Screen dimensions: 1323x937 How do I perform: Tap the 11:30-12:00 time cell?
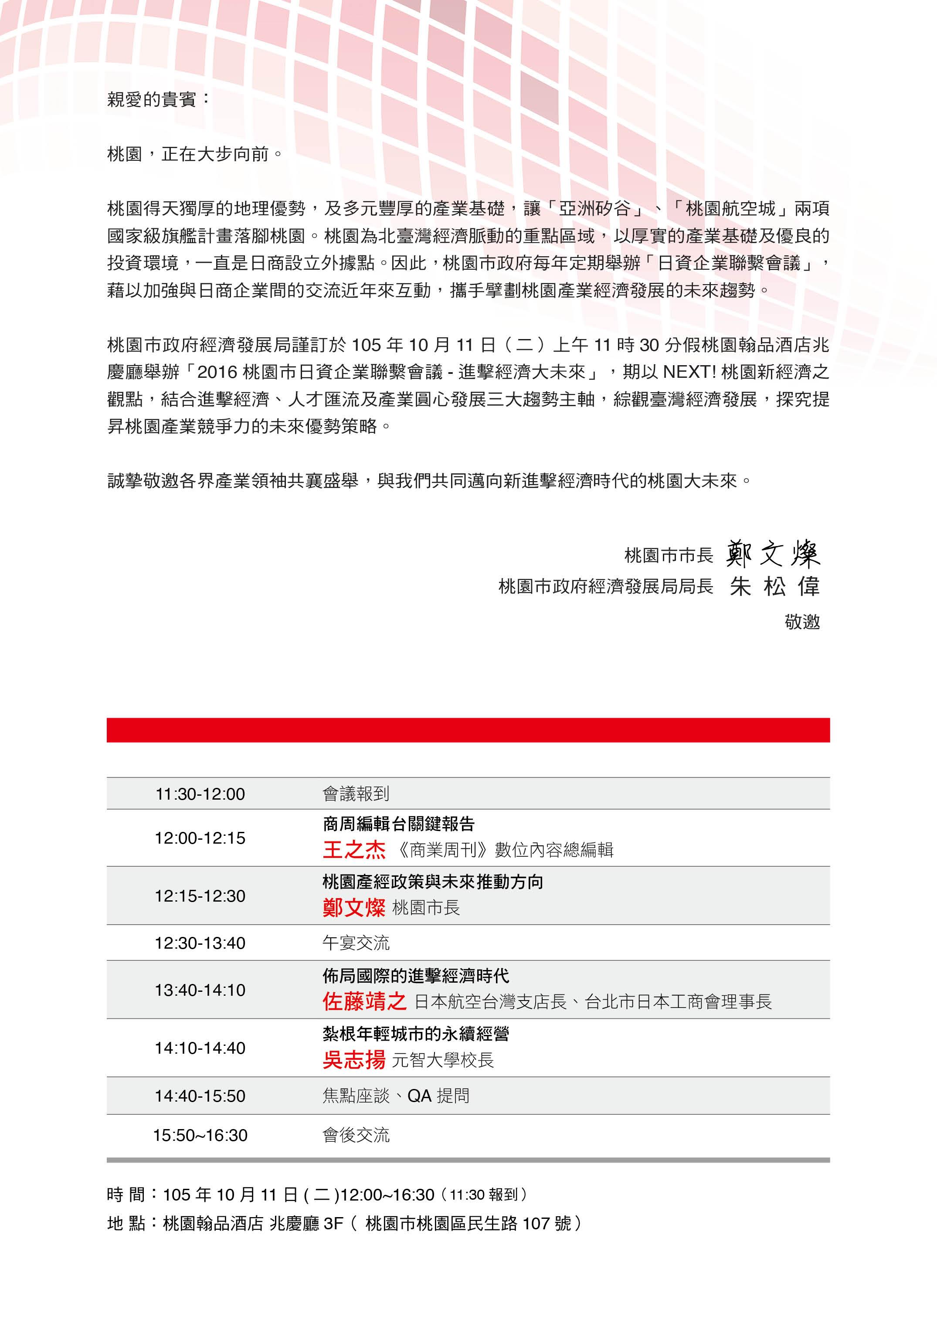coord(200,794)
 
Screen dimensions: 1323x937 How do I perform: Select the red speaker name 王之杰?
coord(354,850)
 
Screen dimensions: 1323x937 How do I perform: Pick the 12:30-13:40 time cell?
coord(200,943)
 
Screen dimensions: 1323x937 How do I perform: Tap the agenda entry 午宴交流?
coord(356,943)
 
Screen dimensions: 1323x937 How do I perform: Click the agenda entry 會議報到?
coord(356,794)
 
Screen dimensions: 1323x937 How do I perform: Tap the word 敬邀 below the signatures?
coord(802,621)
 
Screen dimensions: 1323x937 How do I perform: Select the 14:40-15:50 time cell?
coord(200,1096)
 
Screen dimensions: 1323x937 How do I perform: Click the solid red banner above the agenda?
coord(468,730)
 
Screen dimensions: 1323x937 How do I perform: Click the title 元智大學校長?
coord(442,1061)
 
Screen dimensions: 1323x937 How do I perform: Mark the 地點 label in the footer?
coord(126,1223)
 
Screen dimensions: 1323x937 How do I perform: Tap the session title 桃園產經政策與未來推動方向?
coord(433,882)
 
